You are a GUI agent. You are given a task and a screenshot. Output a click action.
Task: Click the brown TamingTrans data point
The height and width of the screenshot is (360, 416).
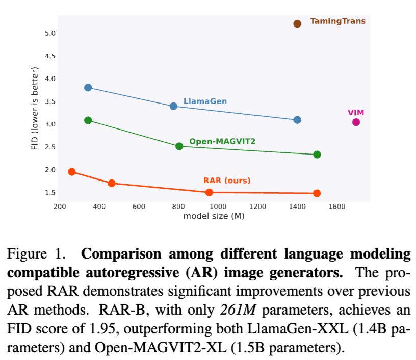pos(297,23)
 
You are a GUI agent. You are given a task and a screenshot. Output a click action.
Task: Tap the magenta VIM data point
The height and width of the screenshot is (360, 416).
pos(356,122)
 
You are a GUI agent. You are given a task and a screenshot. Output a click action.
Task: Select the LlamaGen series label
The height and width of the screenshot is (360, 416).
pos(205,101)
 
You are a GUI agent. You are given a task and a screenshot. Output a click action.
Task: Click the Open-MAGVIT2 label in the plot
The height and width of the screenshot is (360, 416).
pos(222,141)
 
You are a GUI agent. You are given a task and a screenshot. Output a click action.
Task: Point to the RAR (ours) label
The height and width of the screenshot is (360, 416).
pos(227,181)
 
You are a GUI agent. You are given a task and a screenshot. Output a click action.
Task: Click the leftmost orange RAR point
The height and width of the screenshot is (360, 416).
pos(72,172)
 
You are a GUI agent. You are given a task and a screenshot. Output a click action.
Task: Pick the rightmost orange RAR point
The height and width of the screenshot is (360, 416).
pos(317,193)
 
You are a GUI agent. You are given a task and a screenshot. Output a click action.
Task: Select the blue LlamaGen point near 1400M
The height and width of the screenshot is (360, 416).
pos(297,120)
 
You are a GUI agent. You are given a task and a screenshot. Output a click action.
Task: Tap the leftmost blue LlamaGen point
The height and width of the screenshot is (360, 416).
pos(88,88)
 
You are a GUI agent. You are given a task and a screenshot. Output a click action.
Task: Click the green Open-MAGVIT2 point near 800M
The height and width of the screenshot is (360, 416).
pos(179,146)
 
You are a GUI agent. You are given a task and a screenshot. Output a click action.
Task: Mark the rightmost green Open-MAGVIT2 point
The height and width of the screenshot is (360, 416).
pos(317,155)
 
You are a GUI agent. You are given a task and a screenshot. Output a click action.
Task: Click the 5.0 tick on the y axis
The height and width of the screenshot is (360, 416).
pos(49,33)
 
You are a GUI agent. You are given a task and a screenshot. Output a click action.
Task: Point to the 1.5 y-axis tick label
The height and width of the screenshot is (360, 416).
pos(49,193)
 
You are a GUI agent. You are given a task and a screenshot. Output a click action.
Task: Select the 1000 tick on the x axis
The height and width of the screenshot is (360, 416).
pos(218,207)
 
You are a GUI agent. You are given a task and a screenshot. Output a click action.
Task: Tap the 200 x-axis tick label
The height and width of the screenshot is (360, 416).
pos(60,207)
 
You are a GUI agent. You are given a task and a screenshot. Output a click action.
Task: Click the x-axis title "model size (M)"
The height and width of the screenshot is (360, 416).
pos(214,216)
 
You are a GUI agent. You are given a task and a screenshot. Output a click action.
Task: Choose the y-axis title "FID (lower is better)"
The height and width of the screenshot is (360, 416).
pos(35,108)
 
